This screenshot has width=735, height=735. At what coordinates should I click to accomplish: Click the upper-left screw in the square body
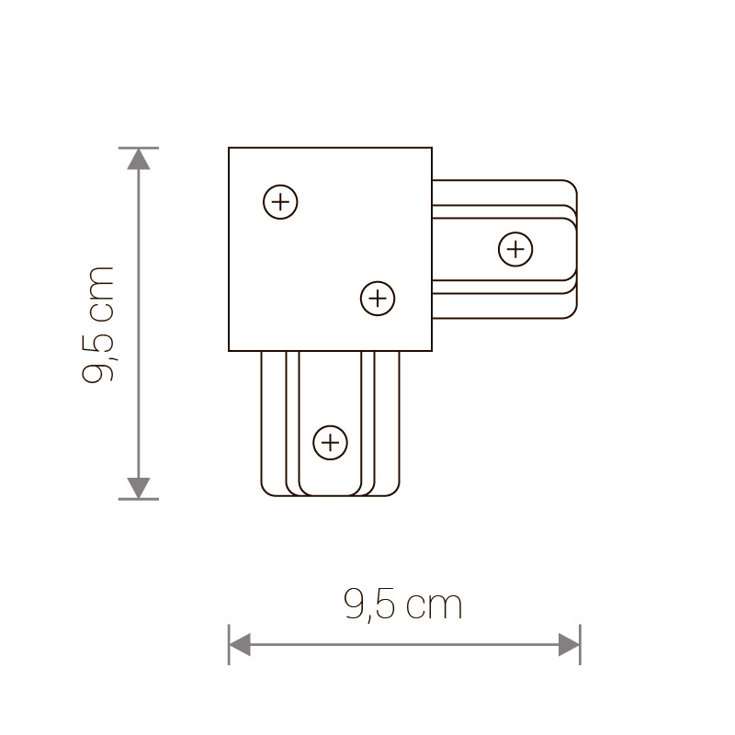[280, 201]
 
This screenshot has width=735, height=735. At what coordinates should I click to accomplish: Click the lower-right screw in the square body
[377, 298]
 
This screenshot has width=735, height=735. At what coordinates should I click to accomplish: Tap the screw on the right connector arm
[515, 248]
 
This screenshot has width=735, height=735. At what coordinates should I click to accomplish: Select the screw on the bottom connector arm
[330, 443]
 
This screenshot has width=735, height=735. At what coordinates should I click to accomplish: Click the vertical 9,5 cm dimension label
[99, 323]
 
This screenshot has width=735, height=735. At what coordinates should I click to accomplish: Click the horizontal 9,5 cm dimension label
[402, 605]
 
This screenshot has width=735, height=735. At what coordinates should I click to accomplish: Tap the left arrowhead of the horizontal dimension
[240, 644]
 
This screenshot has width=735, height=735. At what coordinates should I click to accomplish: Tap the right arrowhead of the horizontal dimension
[570, 644]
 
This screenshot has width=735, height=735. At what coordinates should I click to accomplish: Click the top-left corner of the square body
[230, 149]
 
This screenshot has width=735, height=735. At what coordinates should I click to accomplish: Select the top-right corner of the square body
[431, 149]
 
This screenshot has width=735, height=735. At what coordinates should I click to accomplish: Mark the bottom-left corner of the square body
[230, 351]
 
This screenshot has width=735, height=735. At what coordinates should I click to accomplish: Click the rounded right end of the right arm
[576, 249]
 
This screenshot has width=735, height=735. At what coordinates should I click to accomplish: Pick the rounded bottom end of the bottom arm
[331, 494]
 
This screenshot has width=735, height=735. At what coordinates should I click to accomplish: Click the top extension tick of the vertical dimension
[138, 147]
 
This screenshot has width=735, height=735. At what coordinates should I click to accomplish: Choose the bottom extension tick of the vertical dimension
[138, 499]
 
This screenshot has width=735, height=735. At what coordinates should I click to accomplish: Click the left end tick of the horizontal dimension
[229, 644]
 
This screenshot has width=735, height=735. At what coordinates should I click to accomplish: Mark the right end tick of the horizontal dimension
[581, 644]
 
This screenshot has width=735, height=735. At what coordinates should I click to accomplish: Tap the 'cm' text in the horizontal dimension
[434, 606]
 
